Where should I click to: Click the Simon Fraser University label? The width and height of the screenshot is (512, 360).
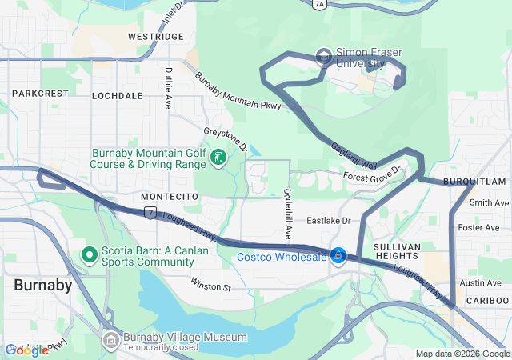369,58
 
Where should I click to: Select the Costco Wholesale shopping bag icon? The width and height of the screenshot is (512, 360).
338,256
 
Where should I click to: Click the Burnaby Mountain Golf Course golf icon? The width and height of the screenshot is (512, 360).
216,158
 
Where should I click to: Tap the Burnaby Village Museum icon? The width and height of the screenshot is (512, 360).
110,341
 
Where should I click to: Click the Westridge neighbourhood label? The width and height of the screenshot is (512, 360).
155,37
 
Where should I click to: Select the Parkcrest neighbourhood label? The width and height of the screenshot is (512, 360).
41,94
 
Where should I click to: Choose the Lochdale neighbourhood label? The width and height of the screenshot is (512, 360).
117,95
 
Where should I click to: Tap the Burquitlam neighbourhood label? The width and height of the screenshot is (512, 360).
478,182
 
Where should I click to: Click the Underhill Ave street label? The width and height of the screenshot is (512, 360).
287,207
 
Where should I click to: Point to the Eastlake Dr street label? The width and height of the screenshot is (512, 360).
329,220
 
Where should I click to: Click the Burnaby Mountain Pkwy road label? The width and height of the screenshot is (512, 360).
238,92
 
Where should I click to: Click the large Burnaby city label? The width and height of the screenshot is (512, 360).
42,285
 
